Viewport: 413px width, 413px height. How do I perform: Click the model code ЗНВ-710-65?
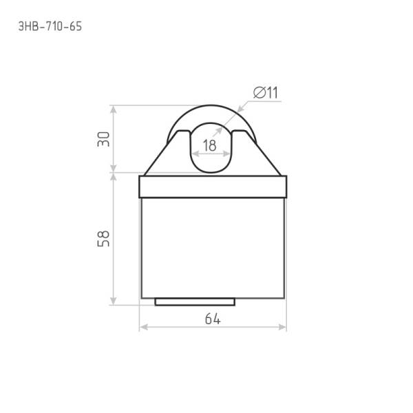[50, 26]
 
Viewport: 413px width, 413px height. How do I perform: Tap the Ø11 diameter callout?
[266, 92]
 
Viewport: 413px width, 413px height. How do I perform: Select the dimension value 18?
[210, 145]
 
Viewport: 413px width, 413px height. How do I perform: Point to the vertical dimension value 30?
[103, 139]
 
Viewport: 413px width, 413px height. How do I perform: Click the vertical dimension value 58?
[103, 239]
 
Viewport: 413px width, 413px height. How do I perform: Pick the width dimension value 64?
[213, 319]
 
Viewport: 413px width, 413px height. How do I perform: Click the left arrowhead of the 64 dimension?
[144, 327]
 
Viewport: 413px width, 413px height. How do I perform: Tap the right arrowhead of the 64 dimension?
[282, 327]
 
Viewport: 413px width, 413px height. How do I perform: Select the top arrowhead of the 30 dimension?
[114, 110]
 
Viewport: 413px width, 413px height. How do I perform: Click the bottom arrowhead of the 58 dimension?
[114, 301]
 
